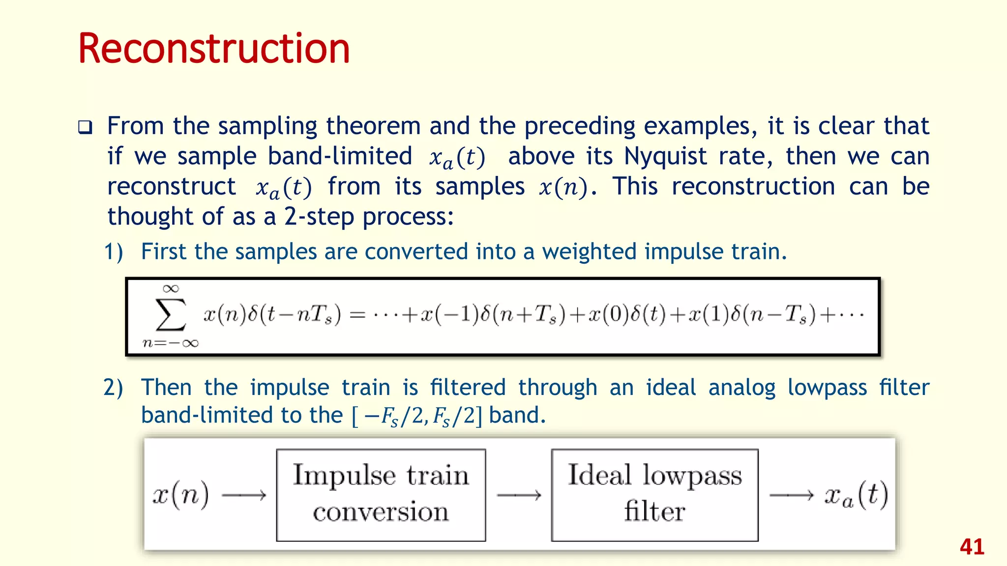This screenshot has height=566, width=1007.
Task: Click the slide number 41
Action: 972,547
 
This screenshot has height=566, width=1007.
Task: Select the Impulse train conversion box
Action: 381,495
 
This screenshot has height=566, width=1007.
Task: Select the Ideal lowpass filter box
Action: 654,495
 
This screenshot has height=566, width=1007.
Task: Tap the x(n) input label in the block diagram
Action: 181,494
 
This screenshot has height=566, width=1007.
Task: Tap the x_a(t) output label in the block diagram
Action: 856,495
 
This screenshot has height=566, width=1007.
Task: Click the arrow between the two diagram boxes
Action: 519,495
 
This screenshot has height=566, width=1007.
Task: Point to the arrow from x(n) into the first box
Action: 244,495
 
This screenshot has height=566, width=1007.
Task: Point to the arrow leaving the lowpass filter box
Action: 791,495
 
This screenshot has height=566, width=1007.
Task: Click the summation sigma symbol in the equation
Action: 171,314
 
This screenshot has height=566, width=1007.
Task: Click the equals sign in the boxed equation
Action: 357,315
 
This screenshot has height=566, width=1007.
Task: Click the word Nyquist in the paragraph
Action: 666,156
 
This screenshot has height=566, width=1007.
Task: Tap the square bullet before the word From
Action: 85,128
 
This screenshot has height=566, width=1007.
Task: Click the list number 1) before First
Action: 114,252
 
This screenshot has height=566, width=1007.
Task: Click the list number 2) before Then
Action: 113,387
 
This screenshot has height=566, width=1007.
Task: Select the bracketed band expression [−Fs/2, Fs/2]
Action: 417,416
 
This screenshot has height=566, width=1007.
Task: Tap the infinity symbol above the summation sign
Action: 171,288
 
